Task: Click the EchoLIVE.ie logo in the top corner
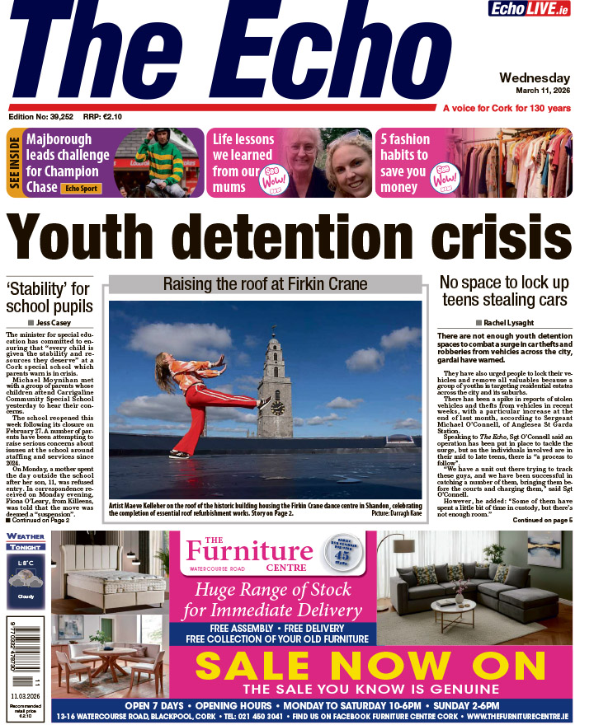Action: coord(540,9)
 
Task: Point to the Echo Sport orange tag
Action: coord(82,188)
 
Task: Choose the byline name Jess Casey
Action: coord(56,322)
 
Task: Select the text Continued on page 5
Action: coord(542,521)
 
